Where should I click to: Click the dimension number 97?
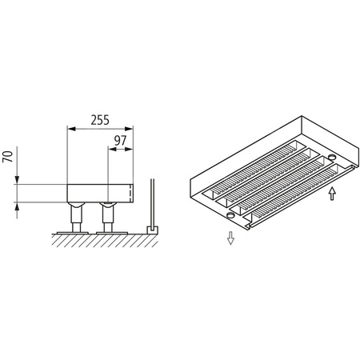click(x=120, y=141)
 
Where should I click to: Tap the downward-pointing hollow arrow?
click(x=230, y=238)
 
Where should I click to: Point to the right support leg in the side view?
click(x=106, y=214)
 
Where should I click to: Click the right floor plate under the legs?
click(x=106, y=230)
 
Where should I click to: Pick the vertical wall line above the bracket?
click(x=152, y=200)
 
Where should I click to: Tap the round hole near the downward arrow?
click(x=230, y=216)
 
